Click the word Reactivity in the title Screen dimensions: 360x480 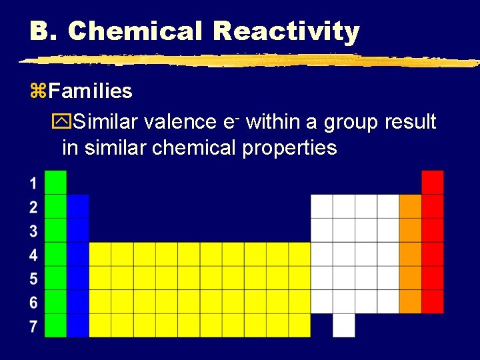pos(286,31)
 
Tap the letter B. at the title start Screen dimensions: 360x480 pos(44,31)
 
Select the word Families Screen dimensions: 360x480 pos(90,91)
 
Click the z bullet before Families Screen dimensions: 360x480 pos(37,91)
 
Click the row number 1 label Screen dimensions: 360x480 pos(33,183)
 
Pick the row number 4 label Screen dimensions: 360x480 pos(33,255)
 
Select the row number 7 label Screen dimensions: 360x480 pos(33,326)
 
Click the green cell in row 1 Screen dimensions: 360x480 pos(55,182)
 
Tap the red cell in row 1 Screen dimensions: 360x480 pos(433,182)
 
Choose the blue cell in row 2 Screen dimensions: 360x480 pos(78,206)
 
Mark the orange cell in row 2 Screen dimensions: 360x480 pos(411,206)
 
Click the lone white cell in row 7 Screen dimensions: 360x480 pos(344,325)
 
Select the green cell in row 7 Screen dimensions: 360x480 pos(55,325)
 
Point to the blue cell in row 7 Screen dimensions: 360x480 pos(78,325)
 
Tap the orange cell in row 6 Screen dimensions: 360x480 pos(411,301)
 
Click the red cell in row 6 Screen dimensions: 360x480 pos(433,301)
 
